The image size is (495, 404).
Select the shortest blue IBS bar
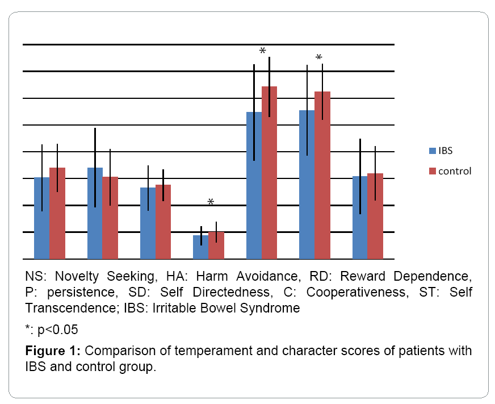200,247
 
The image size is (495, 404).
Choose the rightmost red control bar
375,216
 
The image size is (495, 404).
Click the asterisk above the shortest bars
211,202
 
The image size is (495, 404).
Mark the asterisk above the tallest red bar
262,52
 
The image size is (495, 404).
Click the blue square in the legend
432,151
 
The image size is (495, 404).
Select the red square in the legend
432,170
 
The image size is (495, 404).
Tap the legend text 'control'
455,170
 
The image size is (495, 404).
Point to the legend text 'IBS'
446,151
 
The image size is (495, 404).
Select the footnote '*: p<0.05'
51,330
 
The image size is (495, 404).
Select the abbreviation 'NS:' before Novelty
36,277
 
